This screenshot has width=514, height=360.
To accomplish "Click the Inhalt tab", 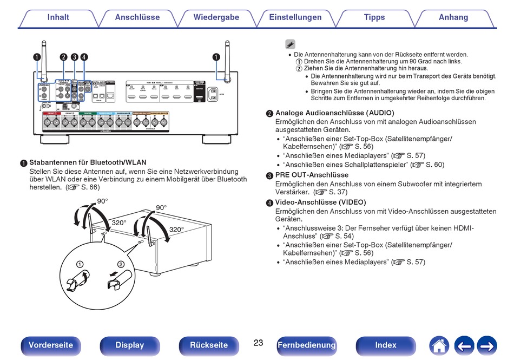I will (x=58, y=17).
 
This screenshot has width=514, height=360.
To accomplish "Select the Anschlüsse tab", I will (x=137, y=17).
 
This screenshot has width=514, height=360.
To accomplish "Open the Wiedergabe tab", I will (x=216, y=17).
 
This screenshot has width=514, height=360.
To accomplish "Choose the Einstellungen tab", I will (x=295, y=17).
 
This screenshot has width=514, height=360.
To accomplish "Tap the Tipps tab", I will (x=374, y=17).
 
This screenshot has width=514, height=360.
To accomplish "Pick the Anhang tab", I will (x=453, y=17).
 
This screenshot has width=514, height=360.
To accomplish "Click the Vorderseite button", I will (x=51, y=345).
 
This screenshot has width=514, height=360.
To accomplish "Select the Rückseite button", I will (x=209, y=345).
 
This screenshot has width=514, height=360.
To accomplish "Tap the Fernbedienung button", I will (x=307, y=345).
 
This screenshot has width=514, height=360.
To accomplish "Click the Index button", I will (x=386, y=345).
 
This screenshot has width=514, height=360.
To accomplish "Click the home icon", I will (x=439, y=345).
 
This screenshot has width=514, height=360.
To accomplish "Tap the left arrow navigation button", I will (x=464, y=345).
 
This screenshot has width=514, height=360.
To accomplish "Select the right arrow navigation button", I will (x=487, y=345).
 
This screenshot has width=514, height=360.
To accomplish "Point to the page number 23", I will (x=258, y=343).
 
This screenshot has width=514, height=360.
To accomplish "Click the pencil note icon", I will (x=290, y=44).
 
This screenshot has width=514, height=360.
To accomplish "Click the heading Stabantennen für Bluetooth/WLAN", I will (x=88, y=162).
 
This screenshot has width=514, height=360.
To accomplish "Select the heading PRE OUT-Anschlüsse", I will (x=312, y=175).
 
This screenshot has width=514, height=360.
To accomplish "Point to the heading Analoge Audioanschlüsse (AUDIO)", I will (x=334, y=113).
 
